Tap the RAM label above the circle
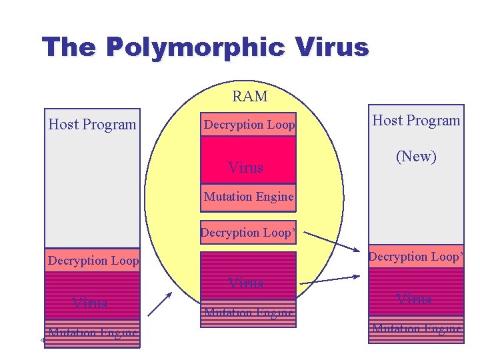[249, 97]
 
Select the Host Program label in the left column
[92, 125]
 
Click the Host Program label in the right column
[416, 121]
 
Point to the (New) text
[416, 157]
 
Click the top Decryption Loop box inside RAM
[249, 125]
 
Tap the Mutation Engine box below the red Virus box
[248, 197]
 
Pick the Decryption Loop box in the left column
[93, 261]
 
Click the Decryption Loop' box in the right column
[416, 257]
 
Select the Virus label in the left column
[90, 303]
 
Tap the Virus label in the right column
[413, 299]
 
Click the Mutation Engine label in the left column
[93, 333]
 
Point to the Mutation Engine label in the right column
[416, 328]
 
